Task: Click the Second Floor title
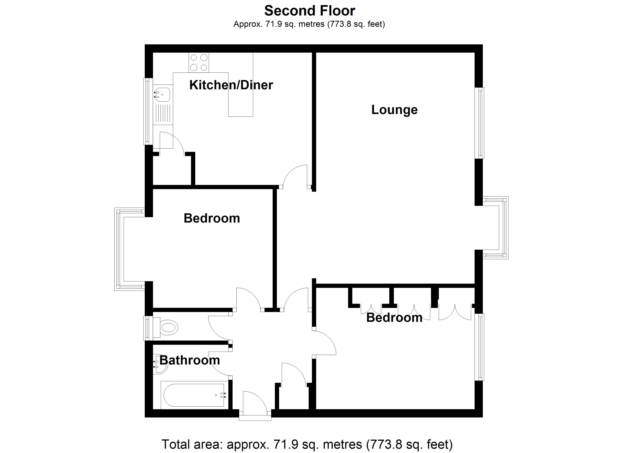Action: coord(310,11)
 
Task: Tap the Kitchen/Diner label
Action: coord(231,85)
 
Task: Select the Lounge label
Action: coord(394,110)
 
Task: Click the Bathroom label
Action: coord(190,360)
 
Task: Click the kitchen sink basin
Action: coord(162,94)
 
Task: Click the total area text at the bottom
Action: coord(307,444)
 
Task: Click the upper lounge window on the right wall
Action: coord(480,123)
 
